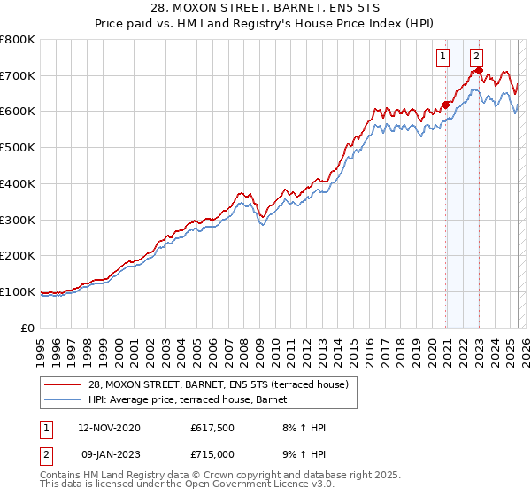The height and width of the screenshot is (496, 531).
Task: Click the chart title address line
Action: [265, 8]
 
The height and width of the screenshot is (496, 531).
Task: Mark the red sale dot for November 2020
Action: [445, 105]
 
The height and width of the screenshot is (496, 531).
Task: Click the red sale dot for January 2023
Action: [479, 70]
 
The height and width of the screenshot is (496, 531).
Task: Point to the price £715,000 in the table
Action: [214, 454]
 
